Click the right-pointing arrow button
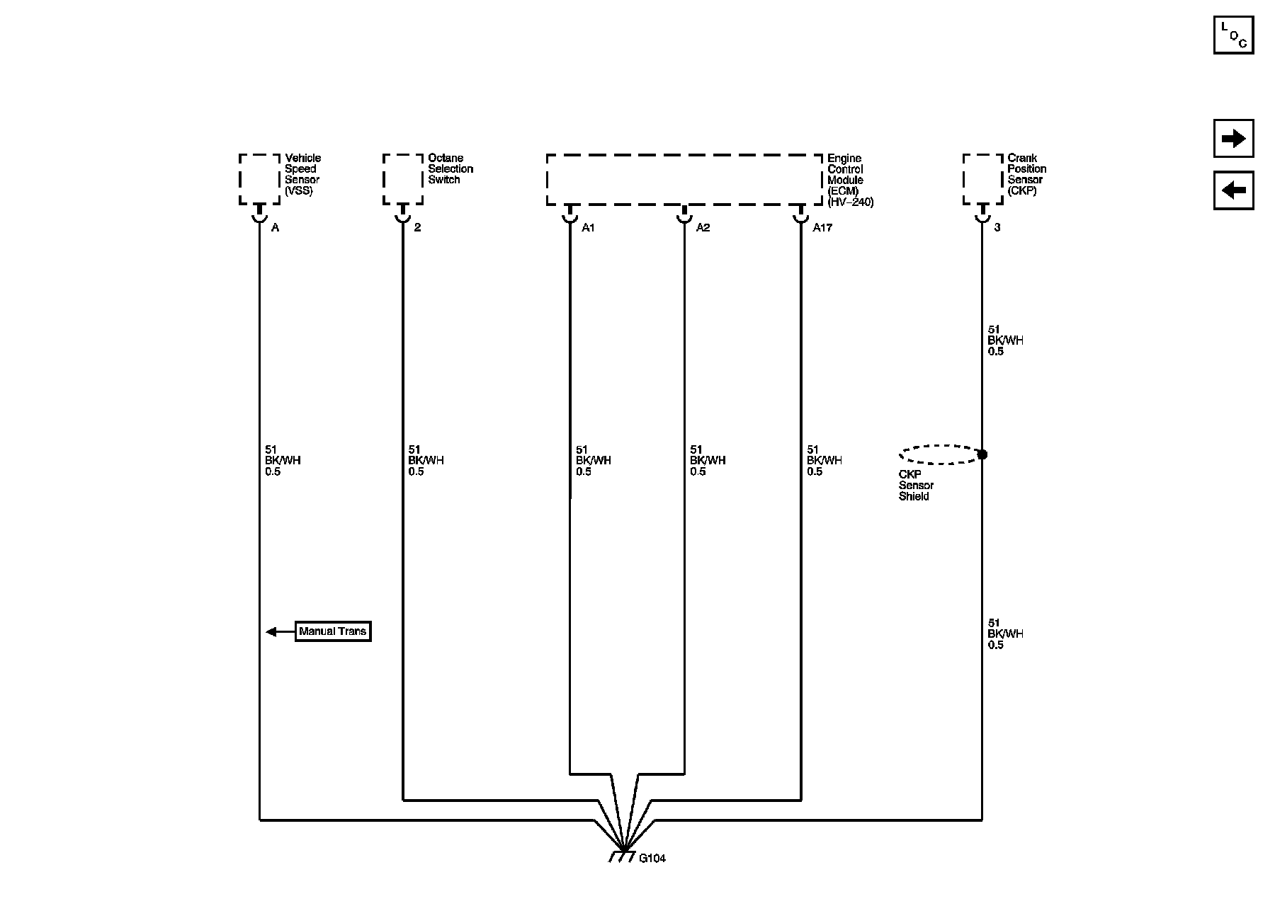(x=1233, y=139)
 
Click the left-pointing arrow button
(x=1233, y=190)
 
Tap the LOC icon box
(x=1233, y=35)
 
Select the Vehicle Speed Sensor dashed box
(x=259, y=179)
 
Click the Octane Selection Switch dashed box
(x=402, y=179)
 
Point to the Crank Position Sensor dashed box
(x=982, y=179)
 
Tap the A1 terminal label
(x=589, y=228)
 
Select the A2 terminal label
(x=703, y=228)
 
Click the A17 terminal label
(x=822, y=228)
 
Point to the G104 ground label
(x=652, y=859)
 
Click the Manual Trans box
(x=333, y=631)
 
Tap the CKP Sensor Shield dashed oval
(x=939, y=454)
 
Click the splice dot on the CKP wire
(x=982, y=454)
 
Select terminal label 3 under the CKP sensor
(x=997, y=228)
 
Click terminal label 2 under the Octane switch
(x=417, y=228)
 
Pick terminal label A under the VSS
(x=276, y=228)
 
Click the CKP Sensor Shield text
(x=916, y=486)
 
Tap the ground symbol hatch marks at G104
(x=623, y=857)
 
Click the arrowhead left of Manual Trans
(x=271, y=631)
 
